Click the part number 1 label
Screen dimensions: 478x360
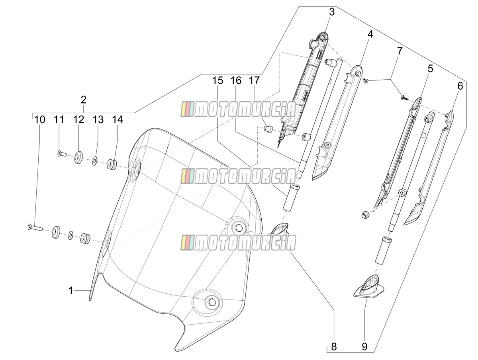tap(71, 291)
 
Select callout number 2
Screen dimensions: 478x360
tap(83, 100)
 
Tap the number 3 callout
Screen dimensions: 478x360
tap(332, 12)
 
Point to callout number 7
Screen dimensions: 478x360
tap(400, 51)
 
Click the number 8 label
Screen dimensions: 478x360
tap(334, 346)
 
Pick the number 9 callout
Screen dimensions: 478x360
tap(364, 346)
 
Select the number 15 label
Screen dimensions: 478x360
tap(218, 80)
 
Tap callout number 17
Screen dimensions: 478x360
tap(254, 80)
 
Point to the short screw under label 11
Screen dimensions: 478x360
tap(61, 154)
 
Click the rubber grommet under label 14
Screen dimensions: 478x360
tap(112, 164)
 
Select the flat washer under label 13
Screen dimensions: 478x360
tap(94, 160)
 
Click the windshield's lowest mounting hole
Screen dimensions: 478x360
tap(211, 302)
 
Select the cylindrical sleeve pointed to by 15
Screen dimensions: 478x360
tap(291, 197)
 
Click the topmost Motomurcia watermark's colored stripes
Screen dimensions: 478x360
tap(187, 109)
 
